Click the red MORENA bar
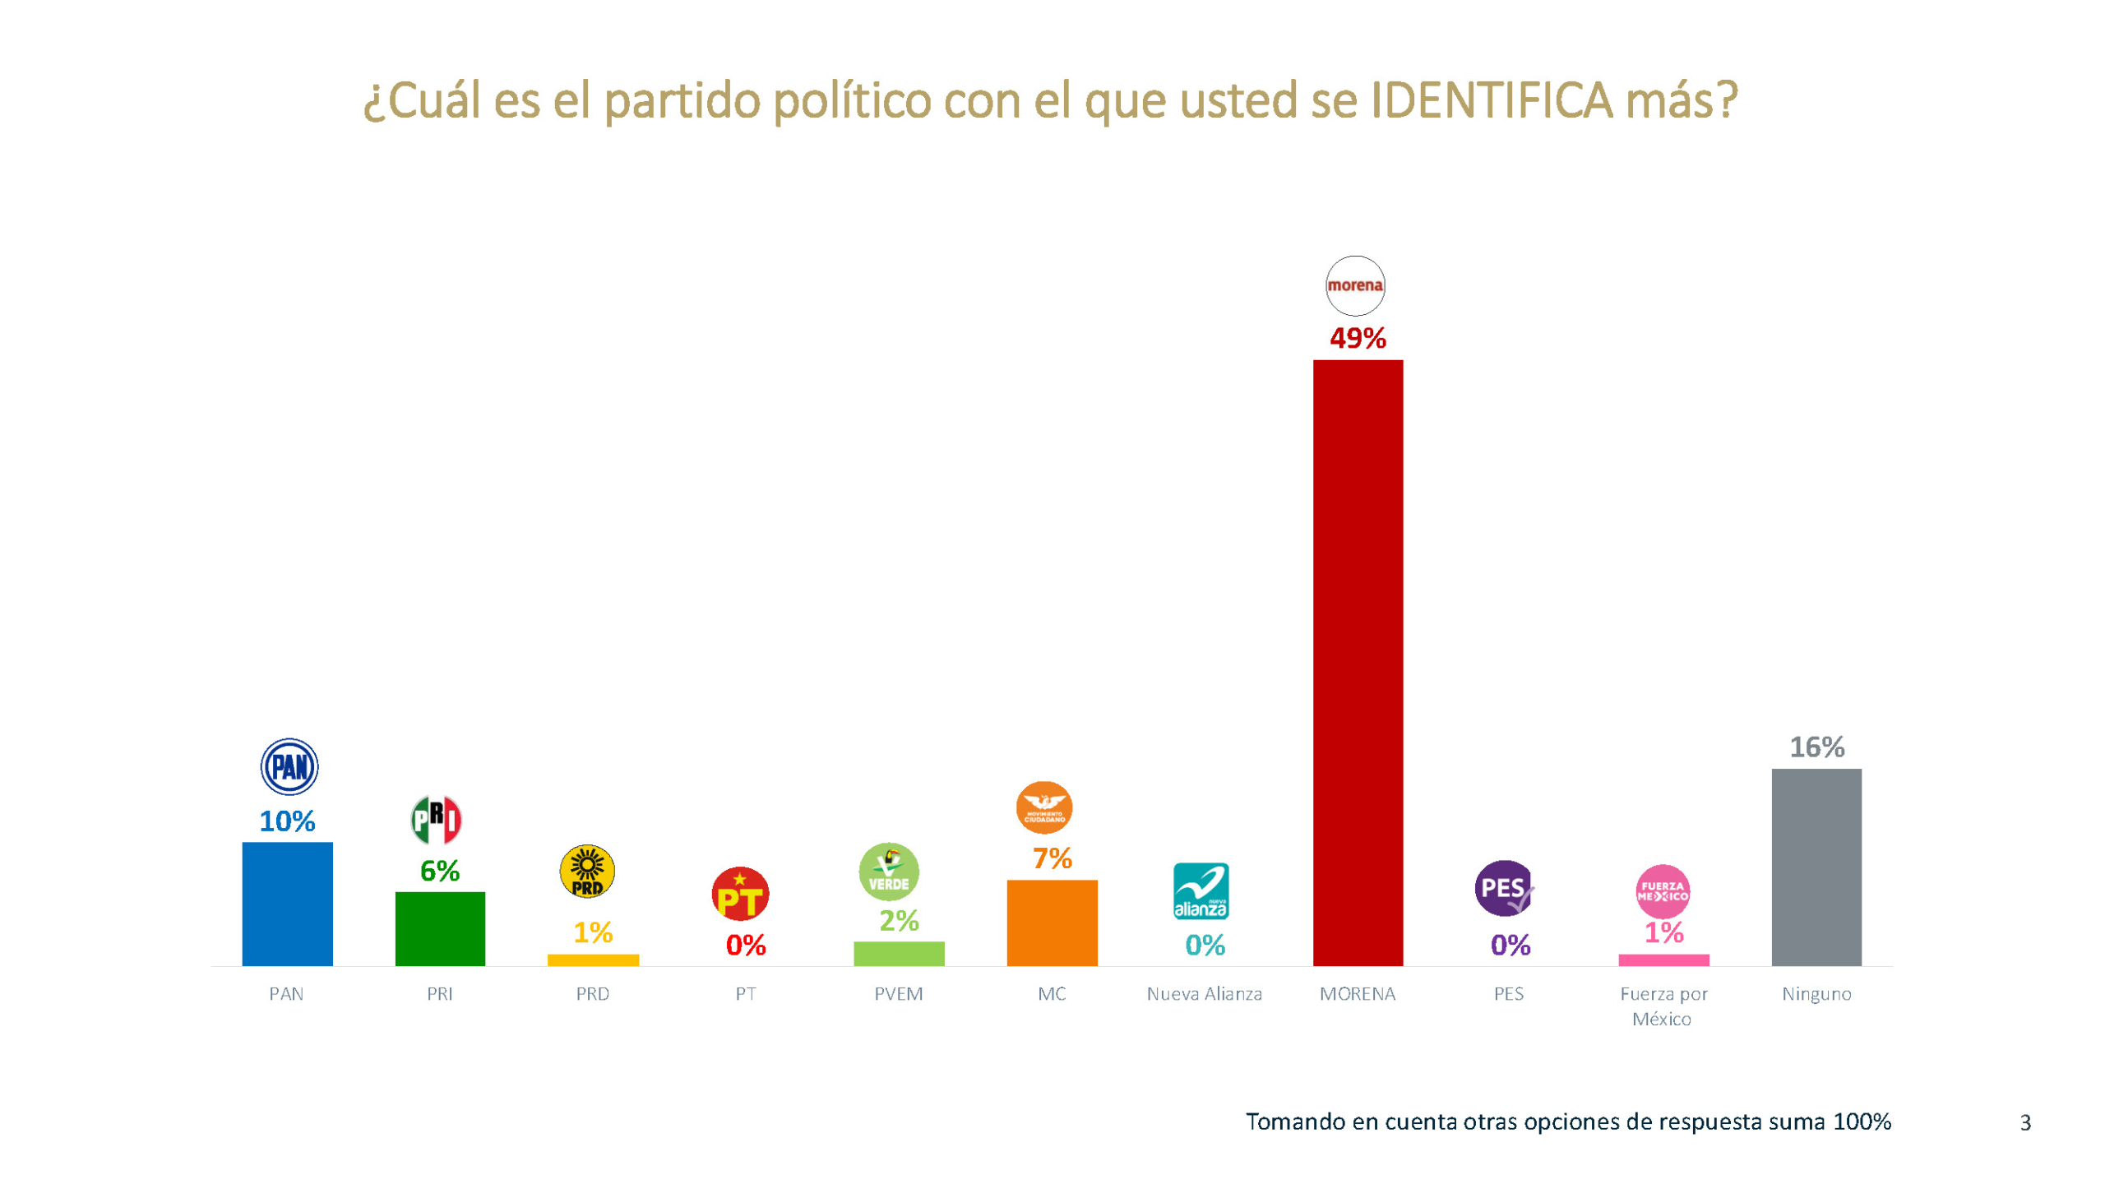tap(1357, 662)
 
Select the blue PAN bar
tap(287, 903)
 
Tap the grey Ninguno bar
tap(1816, 867)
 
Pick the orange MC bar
tap(1052, 922)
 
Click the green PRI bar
tap(440, 928)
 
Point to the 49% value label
tap(1358, 338)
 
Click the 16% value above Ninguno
tap(1816, 747)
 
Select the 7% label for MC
tap(1052, 858)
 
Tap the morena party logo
tap(1354, 285)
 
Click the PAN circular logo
tap(289, 766)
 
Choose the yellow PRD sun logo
tap(587, 872)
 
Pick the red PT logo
tap(740, 894)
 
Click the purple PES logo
tap(1504, 888)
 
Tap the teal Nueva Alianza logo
tap(1201, 891)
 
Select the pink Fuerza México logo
tap(1662, 891)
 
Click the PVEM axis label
tap(898, 994)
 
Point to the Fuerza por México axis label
tap(1663, 1006)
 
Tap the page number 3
tap(2024, 1122)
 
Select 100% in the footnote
tap(1862, 1122)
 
